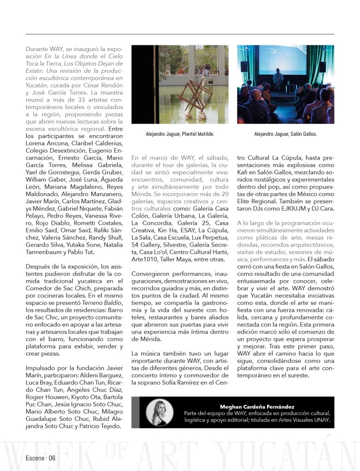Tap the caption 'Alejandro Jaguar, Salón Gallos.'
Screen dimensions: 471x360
coord(285,134)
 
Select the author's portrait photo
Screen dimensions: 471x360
coord(159,412)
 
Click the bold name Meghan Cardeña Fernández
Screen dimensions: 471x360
coord(257,407)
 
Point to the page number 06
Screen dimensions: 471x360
coord(51,458)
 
